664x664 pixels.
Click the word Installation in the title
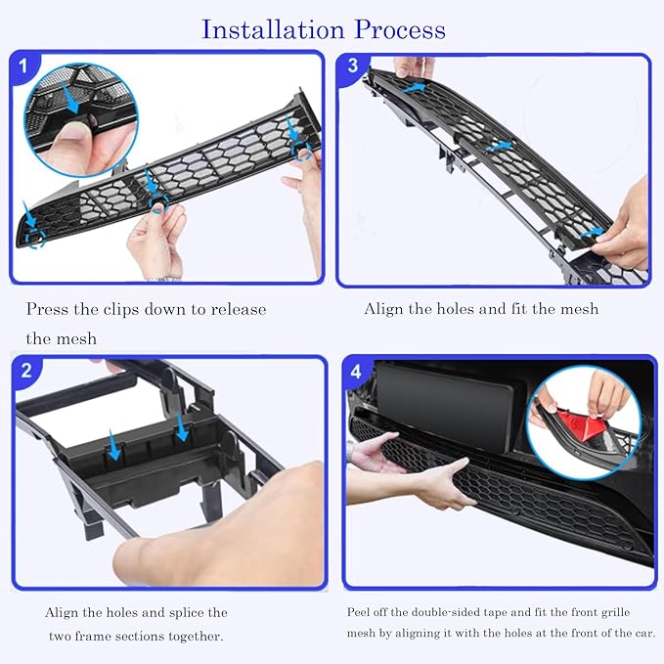[x=273, y=29]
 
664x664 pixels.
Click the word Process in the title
[x=400, y=29]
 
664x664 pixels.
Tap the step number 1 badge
[x=22, y=66]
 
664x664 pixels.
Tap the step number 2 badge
[x=25, y=371]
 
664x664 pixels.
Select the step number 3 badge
[x=353, y=66]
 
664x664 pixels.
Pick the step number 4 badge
[x=356, y=372]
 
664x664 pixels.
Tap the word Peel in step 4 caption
[x=357, y=612]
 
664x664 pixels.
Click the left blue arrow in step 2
[x=113, y=445]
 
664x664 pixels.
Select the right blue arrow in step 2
[x=182, y=426]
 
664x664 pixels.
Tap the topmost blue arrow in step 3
[x=415, y=88]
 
